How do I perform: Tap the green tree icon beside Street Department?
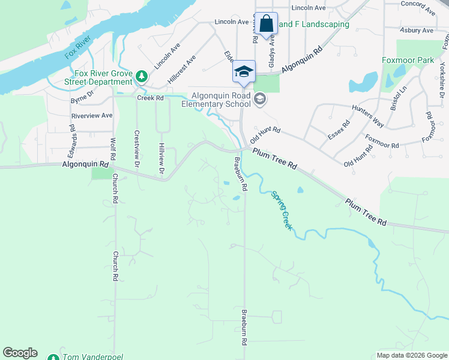coord(141,76)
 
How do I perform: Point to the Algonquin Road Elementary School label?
coord(217,100)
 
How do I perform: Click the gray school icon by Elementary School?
coord(259,99)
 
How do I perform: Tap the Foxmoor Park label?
coord(408,60)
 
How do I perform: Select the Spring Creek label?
coord(282,211)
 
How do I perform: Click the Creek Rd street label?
coord(150,98)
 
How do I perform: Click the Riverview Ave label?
coord(92,115)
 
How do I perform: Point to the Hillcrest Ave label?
coord(182,69)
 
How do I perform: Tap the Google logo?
coord(20,353)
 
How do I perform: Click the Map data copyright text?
coord(411,355)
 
